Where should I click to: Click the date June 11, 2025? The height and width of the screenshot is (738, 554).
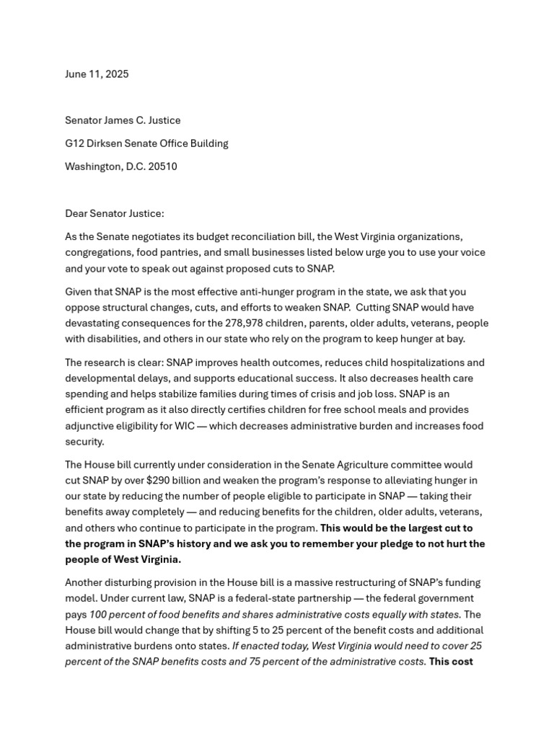97,74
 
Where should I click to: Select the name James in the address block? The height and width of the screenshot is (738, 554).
126,120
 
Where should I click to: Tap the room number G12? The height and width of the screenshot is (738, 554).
75,143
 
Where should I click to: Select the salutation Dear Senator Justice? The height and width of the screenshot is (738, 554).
114,213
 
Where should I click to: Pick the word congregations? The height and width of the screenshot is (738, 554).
98,253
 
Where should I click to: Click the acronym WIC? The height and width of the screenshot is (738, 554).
185,426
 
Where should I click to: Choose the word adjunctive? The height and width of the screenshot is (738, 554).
90,426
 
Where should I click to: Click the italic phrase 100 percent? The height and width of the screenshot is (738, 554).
118,615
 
